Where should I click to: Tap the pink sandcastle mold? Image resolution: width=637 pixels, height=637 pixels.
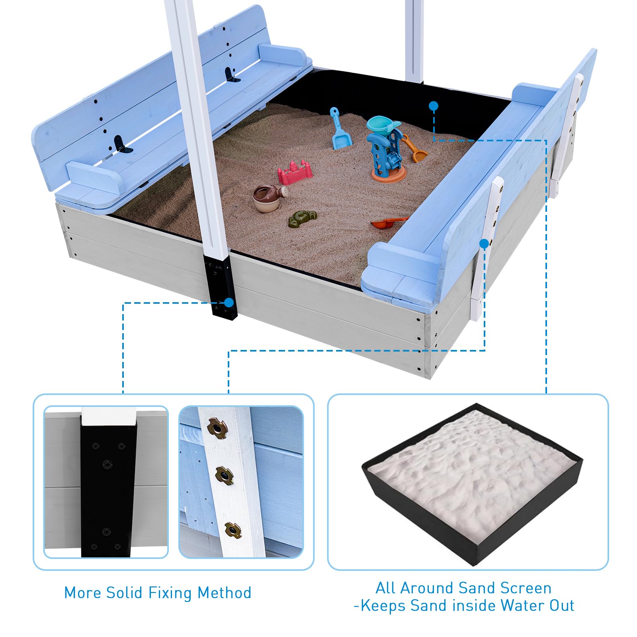[x=295, y=172]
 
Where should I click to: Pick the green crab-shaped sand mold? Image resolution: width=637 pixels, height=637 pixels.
[x=303, y=219]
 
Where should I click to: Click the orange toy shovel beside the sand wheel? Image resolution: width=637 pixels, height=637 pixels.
[x=414, y=149]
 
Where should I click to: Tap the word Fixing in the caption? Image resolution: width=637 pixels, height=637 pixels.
[x=170, y=593]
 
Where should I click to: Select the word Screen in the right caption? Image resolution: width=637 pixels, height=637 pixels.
[x=526, y=588]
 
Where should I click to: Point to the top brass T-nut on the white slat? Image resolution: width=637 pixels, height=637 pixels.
[x=217, y=428]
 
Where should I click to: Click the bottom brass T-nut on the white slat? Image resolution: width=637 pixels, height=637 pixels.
[x=232, y=530]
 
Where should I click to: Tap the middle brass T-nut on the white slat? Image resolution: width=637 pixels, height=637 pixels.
[x=224, y=475]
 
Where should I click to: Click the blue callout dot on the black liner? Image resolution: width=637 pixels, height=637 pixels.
[x=434, y=106]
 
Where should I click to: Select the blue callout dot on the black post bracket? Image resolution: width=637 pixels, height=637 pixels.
[x=229, y=303]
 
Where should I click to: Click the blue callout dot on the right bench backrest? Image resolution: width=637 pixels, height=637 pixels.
[x=484, y=243]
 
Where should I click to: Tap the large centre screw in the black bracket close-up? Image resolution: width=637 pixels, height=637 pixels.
[x=107, y=464]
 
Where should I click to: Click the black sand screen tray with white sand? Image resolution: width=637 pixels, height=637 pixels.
[x=472, y=483]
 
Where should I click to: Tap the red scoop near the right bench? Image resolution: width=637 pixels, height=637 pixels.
[x=388, y=223]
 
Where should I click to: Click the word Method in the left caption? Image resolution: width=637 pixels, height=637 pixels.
[x=225, y=593]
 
